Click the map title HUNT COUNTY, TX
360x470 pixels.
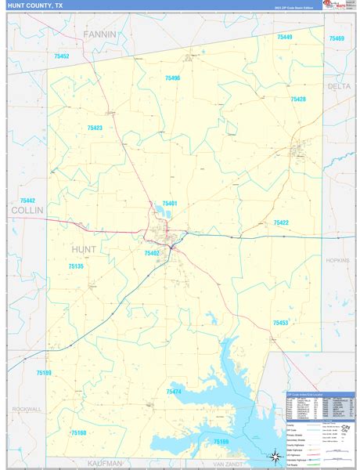pos(34,6)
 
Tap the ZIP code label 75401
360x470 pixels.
pos(170,204)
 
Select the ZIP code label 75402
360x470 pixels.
pos(151,253)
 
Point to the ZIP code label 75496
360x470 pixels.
pos(172,78)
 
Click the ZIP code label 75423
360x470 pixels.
pos(95,128)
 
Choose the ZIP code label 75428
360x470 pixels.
pos(297,99)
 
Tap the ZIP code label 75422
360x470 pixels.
pos(281,223)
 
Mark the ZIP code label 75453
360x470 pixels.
pos(280,323)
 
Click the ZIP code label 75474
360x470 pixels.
pos(174,391)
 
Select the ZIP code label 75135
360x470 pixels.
pos(76,266)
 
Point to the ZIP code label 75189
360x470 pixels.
pos(44,373)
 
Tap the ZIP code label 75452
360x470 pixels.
pos(62,56)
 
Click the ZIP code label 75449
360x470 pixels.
pos(284,37)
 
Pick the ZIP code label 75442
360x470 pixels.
pos(27,201)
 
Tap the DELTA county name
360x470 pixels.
pos(340,86)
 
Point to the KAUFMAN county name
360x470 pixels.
pos(104,463)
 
